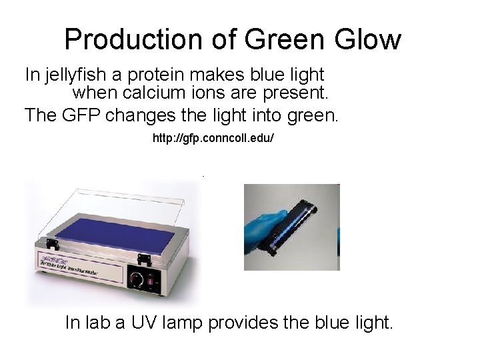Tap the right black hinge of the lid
point(143,259)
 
